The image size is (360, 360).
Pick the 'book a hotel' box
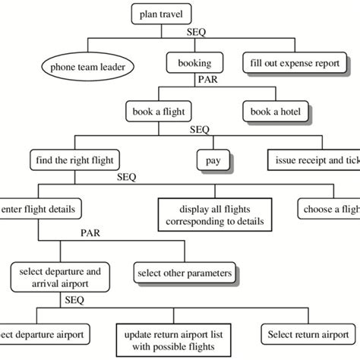[x=276, y=112]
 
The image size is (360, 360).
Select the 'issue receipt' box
[x=313, y=160]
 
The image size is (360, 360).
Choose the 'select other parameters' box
[x=183, y=271]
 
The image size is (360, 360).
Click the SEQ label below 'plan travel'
[x=197, y=33]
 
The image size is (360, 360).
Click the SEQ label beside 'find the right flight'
[x=128, y=177]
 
